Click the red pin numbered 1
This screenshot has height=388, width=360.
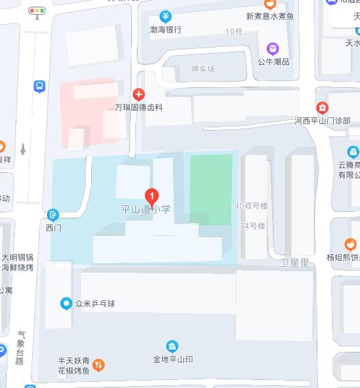(152, 196)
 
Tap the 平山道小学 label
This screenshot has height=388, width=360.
(146, 209)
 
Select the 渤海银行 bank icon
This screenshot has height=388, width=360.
(166, 17)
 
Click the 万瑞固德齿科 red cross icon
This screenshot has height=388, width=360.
(139, 95)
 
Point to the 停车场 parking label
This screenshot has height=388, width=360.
(203, 69)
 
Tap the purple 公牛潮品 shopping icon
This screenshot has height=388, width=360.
(273, 48)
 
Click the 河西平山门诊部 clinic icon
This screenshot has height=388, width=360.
(322, 108)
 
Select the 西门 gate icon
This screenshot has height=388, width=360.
(54, 214)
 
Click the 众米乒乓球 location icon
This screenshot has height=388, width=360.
(66, 303)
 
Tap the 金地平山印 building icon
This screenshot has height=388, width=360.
(172, 346)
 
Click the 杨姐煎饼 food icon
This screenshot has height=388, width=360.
(350, 245)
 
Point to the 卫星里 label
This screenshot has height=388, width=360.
(294, 263)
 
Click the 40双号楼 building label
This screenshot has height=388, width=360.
(251, 206)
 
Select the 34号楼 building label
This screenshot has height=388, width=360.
(253, 226)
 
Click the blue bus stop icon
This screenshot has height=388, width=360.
(40, 86)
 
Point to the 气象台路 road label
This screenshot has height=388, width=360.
(21, 348)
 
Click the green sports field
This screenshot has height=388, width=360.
(211, 189)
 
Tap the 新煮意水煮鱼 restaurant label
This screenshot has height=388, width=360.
(269, 16)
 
